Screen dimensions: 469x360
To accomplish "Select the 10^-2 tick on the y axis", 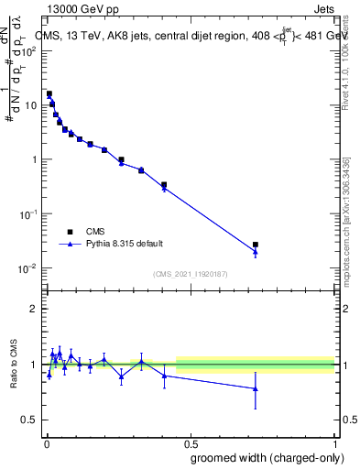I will tap(29, 268).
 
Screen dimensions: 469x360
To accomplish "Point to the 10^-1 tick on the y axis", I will tap(29, 213).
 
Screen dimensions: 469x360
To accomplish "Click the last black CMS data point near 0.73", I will tap(256, 245).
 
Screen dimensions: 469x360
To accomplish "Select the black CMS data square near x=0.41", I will tap(164, 185).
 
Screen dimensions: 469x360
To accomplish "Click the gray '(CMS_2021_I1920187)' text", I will tap(190, 273).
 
